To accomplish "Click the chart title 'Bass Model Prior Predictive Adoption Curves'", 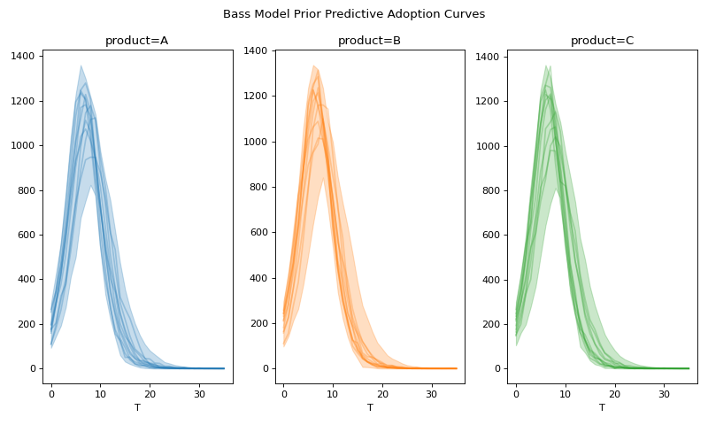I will [354, 14].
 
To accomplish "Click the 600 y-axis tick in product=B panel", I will [257, 232].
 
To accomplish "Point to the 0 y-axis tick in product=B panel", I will [264, 368].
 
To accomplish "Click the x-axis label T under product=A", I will [137, 408].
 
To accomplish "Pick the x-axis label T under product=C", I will [602, 408].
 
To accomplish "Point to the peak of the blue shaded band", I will [81, 66].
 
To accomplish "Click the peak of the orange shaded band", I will [313, 65].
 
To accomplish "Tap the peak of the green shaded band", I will [546, 66].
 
